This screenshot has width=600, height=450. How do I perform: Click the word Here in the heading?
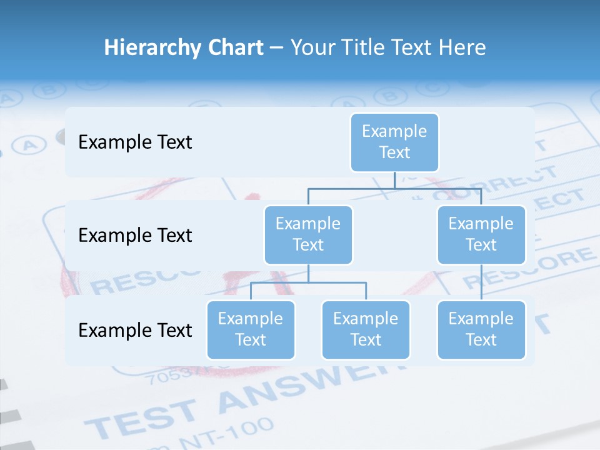click(461, 48)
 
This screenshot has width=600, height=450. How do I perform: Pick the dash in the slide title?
click(277, 48)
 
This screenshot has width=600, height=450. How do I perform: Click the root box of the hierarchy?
click(394, 142)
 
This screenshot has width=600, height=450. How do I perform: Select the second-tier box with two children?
click(308, 234)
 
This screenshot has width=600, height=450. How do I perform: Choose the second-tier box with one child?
click(481, 234)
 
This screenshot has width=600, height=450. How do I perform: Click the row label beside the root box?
click(135, 142)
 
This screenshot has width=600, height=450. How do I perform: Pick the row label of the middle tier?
click(135, 236)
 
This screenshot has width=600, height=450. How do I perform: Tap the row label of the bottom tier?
click(135, 330)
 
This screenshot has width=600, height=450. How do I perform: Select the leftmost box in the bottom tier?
click(251, 329)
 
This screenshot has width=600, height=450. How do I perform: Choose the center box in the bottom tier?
click(366, 329)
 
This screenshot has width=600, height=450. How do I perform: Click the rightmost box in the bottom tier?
click(481, 329)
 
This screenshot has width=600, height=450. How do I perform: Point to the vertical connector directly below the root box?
click(394, 180)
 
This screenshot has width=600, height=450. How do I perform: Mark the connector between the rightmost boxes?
click(481, 282)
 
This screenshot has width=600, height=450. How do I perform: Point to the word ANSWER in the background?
click(300, 384)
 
